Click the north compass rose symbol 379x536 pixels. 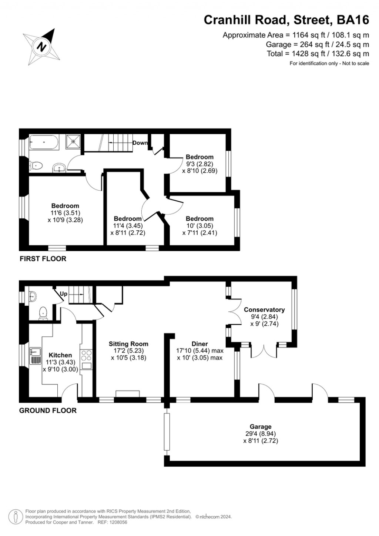tap(41, 47)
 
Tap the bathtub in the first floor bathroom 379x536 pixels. tap(44, 143)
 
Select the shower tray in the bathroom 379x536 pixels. tap(73, 141)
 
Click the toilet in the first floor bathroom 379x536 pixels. tap(36, 165)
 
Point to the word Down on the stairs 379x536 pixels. tap(140, 143)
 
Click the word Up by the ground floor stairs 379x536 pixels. tap(64, 294)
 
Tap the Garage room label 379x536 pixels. tap(260, 427)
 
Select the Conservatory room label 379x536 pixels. tap(264, 310)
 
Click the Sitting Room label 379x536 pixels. tap(128, 344)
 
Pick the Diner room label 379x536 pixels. tap(199, 344)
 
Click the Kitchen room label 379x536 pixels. tap(60, 355)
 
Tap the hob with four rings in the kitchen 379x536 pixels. tap(87, 356)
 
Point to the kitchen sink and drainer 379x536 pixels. tap(35, 356)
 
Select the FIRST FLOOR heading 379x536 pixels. tap(43, 259)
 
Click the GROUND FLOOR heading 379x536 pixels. tap(48, 411)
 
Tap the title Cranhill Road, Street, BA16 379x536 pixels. tap(286, 20)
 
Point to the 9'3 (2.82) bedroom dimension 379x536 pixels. tap(199, 164)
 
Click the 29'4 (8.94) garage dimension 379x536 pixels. tap(260, 434)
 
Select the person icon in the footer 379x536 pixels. tap(16, 516)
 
